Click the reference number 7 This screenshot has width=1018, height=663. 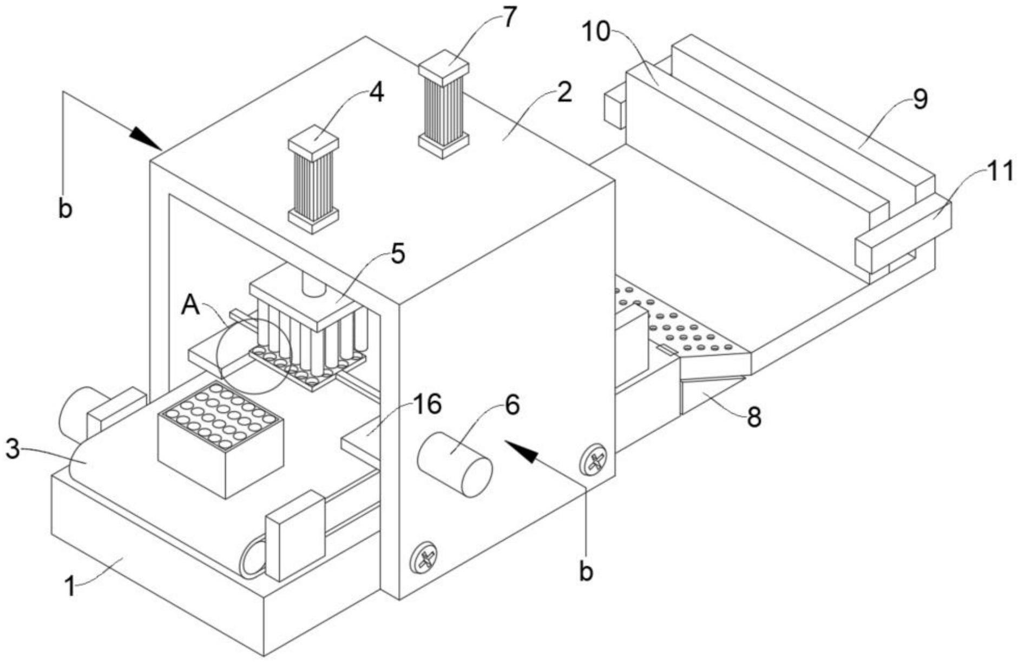[x=509, y=17]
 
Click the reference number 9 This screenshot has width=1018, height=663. [x=920, y=99]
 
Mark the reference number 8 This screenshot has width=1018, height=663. [x=754, y=416]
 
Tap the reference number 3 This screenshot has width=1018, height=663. [x=13, y=449]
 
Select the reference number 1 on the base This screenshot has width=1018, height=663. [x=70, y=586]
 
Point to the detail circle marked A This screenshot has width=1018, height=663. [x=253, y=355]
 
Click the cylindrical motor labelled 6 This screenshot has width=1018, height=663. [x=455, y=464]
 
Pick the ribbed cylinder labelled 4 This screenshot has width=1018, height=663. [x=313, y=180]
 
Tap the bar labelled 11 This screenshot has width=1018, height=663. [x=903, y=233]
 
